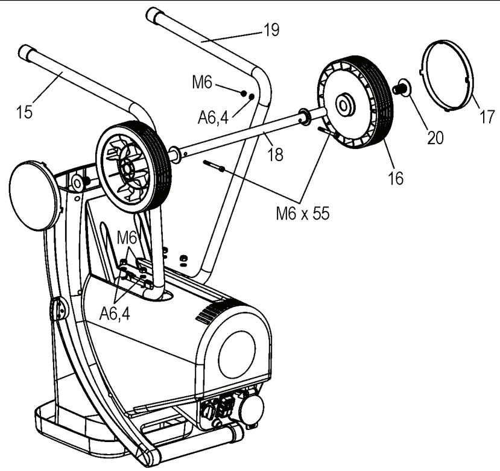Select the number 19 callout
pyautogui.click(x=271, y=30)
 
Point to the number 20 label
pyautogui.click(x=435, y=137)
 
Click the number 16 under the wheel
pyautogui.click(x=396, y=179)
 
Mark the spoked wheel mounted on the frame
pyautogui.click(x=133, y=166)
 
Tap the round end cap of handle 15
pyautogui.click(x=25, y=52)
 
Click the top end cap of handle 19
pyautogui.click(x=155, y=13)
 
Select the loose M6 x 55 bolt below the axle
pyautogui.click(x=214, y=166)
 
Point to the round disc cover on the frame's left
pyautogui.click(x=34, y=195)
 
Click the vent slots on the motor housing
pyautogui.click(x=210, y=312)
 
